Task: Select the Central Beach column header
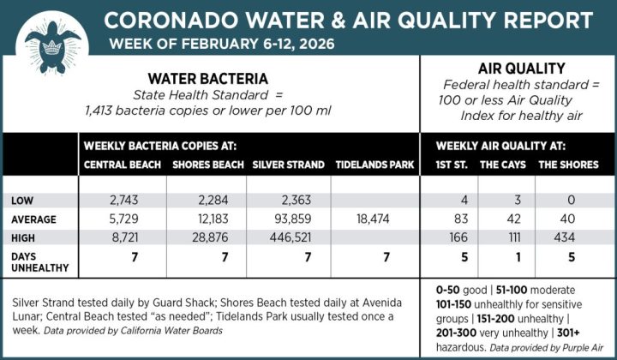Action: (x=122, y=165)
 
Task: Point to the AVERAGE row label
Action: (x=34, y=219)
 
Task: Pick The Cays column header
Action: (x=501, y=165)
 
